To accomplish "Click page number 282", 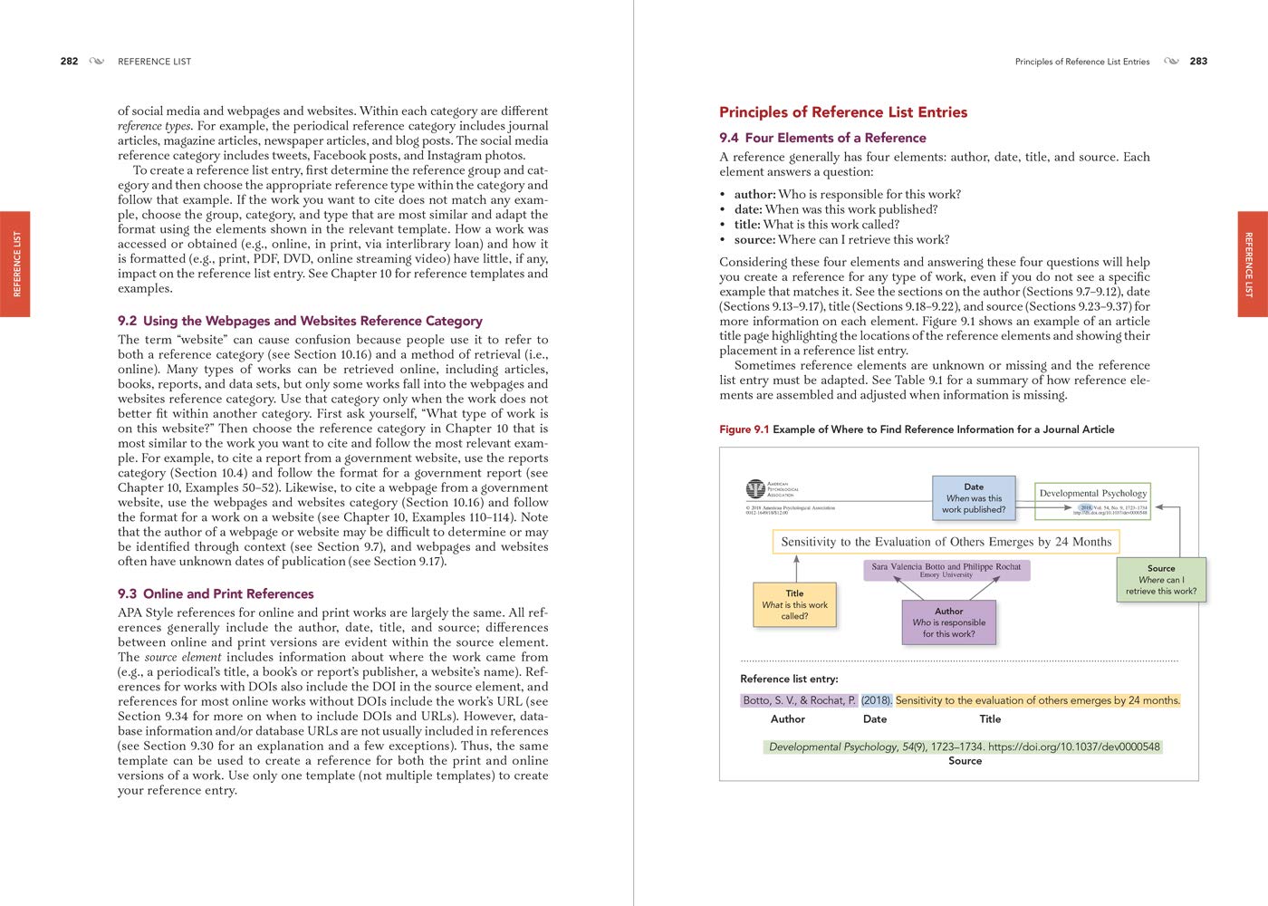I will pos(69,62).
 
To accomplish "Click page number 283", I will pos(1198,62).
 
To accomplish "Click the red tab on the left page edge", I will pos(15,264).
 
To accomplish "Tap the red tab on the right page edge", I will pos(1252,264).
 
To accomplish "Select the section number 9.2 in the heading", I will pos(127,321).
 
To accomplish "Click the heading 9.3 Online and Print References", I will pos(216,593).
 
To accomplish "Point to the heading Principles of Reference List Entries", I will pos(842,112).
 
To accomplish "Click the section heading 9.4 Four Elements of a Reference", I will pos(822,138).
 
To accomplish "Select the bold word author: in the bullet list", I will pos(754,195).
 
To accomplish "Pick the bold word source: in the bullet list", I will pos(754,240).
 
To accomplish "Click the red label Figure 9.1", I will pos(744,429).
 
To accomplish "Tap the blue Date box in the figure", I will pos(974,498).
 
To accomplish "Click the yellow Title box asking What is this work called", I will pos(794,604).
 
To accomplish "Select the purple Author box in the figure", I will pos(948,622).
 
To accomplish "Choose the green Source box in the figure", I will pos(1160,580).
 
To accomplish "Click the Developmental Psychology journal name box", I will pos(1092,493).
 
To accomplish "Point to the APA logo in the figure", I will pos(755,489).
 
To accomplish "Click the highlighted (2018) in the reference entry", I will pos(876,700).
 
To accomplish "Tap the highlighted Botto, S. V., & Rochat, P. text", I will pos(799,700).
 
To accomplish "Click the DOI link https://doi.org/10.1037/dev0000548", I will pos(1073,747).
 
